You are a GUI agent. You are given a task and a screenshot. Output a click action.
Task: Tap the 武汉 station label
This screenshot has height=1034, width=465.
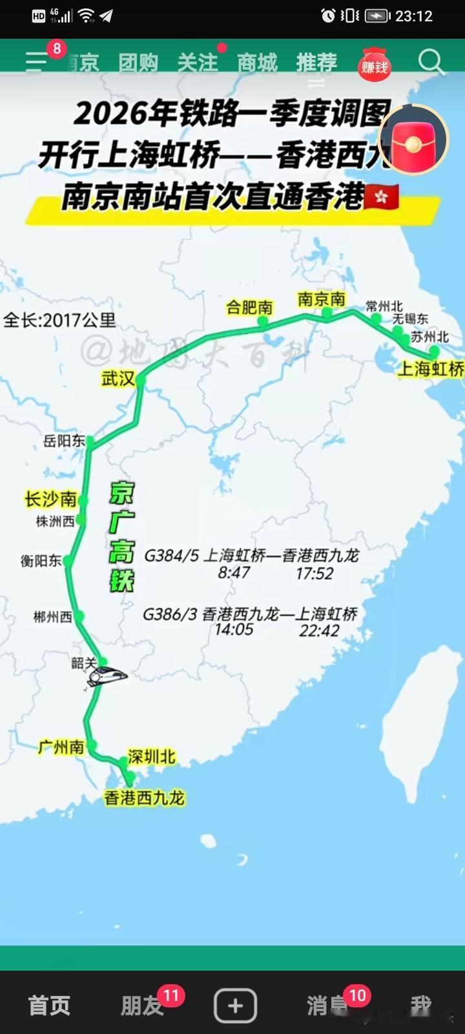coord(118,379)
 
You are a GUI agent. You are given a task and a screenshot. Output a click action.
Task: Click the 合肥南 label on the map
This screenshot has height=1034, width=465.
coord(249,308)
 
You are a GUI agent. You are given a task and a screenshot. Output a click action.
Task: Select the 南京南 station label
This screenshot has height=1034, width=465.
coord(321,299)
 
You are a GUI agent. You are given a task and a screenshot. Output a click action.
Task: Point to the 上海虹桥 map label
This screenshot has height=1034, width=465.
coord(430,369)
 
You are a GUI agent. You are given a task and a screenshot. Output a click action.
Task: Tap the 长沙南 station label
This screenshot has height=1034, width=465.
coord(50,499)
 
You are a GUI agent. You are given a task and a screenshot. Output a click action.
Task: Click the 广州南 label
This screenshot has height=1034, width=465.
coord(61,747)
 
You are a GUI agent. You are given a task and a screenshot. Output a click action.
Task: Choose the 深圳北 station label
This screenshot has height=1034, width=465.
coord(151,756)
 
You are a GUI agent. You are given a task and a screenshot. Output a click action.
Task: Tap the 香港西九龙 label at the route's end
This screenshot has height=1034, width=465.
coord(145,798)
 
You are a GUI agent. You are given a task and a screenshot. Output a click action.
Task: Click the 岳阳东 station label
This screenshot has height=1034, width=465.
coord(64,441)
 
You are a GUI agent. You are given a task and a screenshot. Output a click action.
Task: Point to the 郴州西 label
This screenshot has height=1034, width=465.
coord(52,617)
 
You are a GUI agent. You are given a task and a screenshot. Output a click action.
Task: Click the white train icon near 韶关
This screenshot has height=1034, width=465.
coord(108,676)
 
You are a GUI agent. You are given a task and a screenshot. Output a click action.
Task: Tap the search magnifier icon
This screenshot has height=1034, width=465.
coord(431,63)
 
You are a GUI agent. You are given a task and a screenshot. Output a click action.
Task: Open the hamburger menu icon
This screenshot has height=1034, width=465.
coord(36,63)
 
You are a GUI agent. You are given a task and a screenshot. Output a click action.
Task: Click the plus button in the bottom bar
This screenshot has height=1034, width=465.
coord(235,1006)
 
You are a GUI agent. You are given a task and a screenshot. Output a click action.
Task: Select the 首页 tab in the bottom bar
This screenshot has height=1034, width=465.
coord(49,1006)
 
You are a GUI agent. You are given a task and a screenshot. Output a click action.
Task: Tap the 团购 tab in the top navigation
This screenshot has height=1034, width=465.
coord(138,63)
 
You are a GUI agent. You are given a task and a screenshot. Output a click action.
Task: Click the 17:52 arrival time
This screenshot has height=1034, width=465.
coord(315,573)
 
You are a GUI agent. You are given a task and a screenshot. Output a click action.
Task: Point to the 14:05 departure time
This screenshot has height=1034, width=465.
coord(234,629)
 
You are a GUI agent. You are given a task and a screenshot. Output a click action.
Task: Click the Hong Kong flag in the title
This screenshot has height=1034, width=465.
coord(382,196)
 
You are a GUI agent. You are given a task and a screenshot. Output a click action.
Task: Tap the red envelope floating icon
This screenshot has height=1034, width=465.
coord(413,140)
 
